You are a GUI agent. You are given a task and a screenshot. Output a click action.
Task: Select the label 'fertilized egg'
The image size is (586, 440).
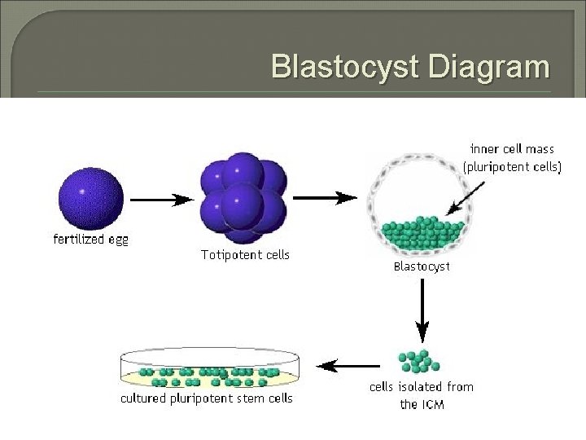click(90, 240)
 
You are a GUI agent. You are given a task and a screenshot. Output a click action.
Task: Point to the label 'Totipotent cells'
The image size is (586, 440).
click(245, 255)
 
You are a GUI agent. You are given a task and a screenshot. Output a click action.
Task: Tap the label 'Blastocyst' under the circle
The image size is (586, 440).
click(421, 266)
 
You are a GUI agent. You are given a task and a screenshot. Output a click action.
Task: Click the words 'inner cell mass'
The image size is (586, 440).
click(510, 149)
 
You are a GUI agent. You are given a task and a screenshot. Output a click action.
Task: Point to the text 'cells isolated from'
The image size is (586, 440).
click(422, 387)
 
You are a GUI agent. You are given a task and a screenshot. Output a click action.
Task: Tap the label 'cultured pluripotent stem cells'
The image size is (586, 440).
click(207, 399)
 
